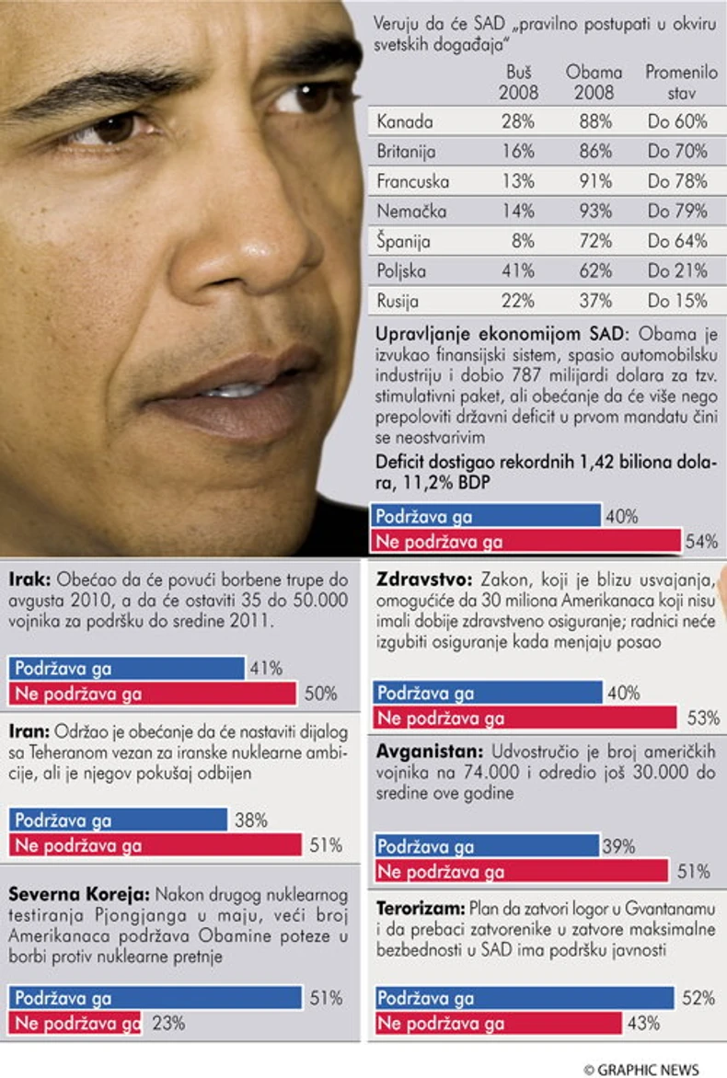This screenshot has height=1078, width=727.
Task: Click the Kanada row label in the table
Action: [x=405, y=121]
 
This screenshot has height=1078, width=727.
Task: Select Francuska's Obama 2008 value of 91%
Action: [x=595, y=181]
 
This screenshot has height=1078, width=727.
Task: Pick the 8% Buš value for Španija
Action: [x=522, y=241]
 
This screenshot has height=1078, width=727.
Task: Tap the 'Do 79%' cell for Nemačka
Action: [x=677, y=212]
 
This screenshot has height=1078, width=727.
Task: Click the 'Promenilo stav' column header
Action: [x=676, y=83]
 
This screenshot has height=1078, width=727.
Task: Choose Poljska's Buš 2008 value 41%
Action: [x=517, y=271]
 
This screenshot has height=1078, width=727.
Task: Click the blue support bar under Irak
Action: [x=126, y=668]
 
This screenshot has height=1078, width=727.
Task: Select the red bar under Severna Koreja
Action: [x=75, y=1023]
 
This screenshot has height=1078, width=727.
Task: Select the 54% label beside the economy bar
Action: [x=701, y=542]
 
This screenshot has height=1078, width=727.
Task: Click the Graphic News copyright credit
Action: [x=641, y=1069]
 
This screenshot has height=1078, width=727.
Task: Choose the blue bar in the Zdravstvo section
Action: [x=488, y=693]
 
